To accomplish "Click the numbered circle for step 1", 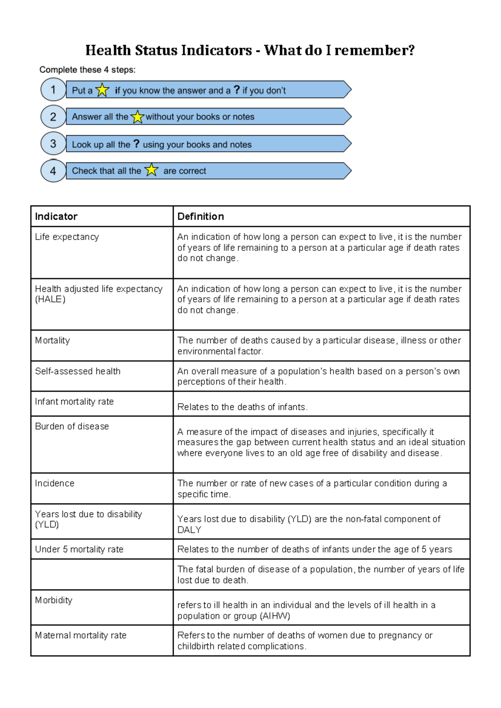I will [53, 90].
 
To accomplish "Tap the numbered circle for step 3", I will [53, 144].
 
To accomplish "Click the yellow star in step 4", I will [151, 170].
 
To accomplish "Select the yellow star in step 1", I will [102, 90].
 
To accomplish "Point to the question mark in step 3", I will [136, 144].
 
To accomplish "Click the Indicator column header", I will [56, 216].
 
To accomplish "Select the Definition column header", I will [200, 216].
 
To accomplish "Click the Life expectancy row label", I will [67, 237].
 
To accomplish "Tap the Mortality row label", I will [53, 340].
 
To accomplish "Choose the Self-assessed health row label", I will [78, 371].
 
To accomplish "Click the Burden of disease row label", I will [72, 426].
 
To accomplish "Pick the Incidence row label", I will [55, 483].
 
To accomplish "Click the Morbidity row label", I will [53, 600].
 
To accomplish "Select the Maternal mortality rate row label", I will [81, 635].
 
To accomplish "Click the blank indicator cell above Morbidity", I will [102, 574].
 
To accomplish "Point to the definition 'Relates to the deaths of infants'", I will [242, 407].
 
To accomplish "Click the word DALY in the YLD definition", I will [189, 530].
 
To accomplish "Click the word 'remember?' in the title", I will [374, 50].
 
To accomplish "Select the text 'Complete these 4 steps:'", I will [87, 70].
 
